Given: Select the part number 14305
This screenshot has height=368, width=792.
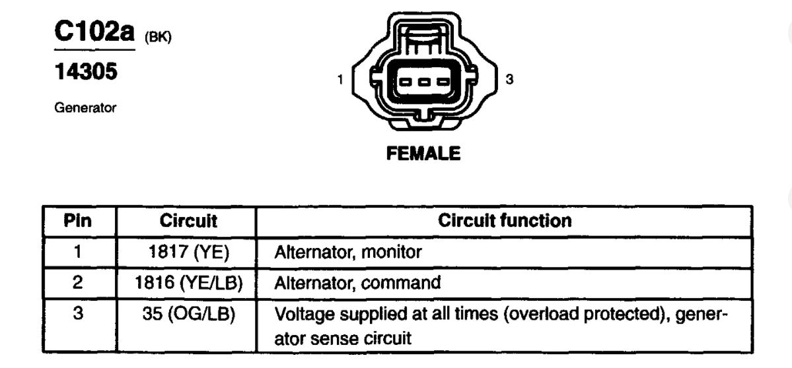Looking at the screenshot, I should [87, 71].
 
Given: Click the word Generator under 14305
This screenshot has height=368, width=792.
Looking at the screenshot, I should [86, 107].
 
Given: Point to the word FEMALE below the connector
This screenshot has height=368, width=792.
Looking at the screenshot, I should [423, 154].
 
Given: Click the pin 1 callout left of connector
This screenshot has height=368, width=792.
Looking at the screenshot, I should [340, 80].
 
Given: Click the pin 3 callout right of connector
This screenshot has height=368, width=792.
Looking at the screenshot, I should [508, 80].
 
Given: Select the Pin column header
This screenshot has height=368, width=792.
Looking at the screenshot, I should [77, 220].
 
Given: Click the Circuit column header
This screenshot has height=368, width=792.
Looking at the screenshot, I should [188, 220].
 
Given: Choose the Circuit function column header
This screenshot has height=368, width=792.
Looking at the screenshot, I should [505, 220].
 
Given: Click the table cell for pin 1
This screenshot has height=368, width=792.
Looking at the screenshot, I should [77, 251].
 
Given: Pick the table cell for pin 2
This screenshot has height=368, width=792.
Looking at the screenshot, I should [77, 283].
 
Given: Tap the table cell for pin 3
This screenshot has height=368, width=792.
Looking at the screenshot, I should [77, 314].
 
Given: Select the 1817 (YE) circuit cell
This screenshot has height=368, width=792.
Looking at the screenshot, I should [188, 251].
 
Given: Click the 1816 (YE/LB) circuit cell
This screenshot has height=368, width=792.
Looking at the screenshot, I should [188, 283].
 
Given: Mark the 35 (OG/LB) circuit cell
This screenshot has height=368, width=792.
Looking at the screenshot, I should [188, 314].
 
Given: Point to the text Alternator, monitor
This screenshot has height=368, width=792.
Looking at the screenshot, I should [347, 251].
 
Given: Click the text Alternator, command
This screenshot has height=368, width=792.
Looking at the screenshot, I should [357, 283].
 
